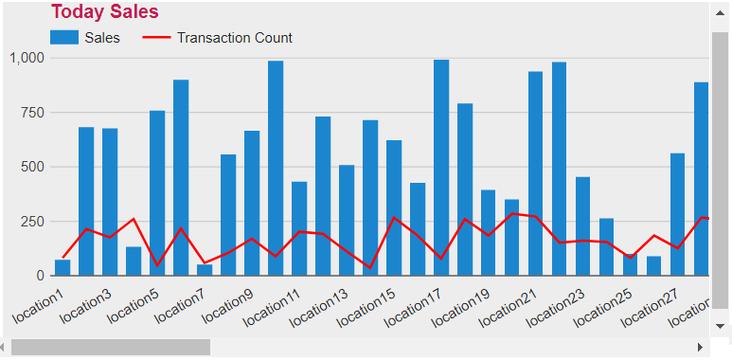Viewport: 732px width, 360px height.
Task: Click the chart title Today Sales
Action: tap(104, 12)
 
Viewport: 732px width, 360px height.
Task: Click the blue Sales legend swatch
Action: tap(63, 38)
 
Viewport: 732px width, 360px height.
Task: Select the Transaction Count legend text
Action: tap(234, 38)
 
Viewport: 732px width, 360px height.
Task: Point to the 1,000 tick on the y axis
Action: tap(27, 58)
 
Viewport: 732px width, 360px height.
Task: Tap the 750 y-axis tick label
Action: tap(33, 113)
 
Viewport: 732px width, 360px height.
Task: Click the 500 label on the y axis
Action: tap(33, 167)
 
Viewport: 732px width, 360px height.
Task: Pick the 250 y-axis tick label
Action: tap(33, 222)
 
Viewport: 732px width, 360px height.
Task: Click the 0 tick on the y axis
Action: tap(40, 276)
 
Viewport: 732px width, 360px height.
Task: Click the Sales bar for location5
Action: tap(157, 193)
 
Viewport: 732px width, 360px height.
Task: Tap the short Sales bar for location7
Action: tap(205, 270)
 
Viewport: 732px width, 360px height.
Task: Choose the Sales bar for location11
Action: tap(299, 228)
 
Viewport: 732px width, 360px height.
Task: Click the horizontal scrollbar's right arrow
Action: tap(700, 347)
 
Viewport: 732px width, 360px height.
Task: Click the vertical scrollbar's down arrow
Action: tap(721, 324)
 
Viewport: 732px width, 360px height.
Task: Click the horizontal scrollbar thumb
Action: tap(110, 347)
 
